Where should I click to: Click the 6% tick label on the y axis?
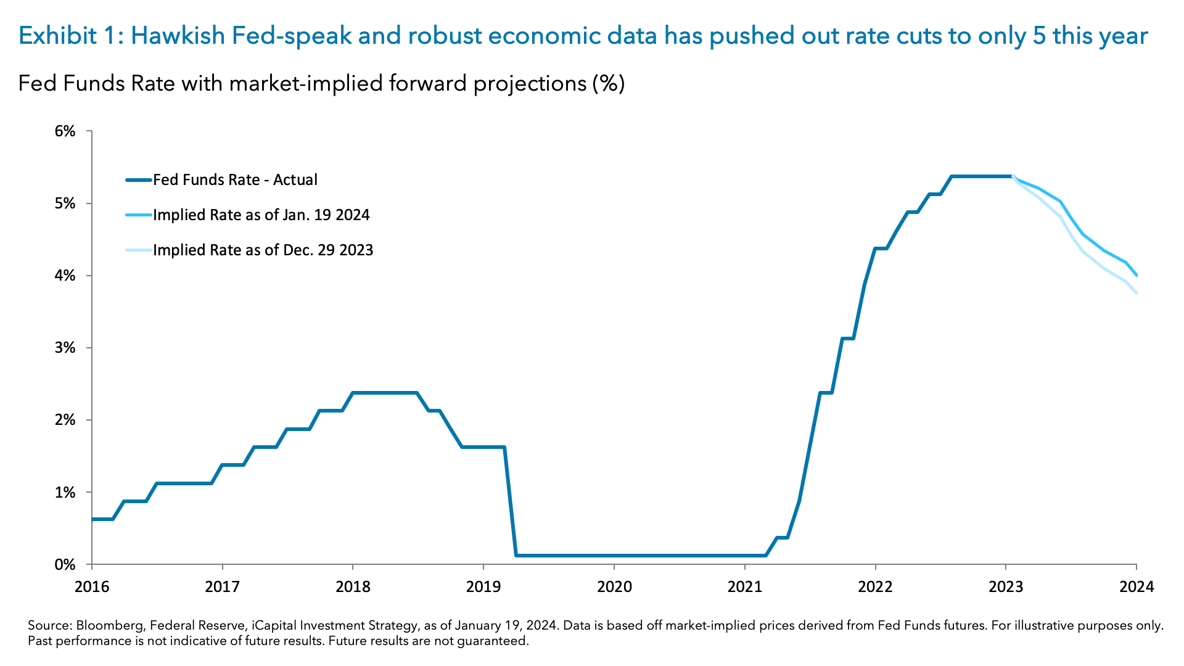pos(65,131)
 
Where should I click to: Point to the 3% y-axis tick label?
pos(65,348)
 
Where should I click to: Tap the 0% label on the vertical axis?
pos(65,565)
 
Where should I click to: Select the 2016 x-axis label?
pos(92,586)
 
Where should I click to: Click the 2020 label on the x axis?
pos(614,586)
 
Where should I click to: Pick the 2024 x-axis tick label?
pos(1137,586)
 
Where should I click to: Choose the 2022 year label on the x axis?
pos(875,586)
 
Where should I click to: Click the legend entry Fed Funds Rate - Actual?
pos(235,180)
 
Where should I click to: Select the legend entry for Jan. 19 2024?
pos(261,215)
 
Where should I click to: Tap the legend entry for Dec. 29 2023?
pos(263,250)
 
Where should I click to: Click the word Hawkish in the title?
pos(178,36)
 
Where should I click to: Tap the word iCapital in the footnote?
pos(273,626)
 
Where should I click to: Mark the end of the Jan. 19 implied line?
pos(1137,275)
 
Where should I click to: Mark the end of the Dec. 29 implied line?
pos(1137,293)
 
